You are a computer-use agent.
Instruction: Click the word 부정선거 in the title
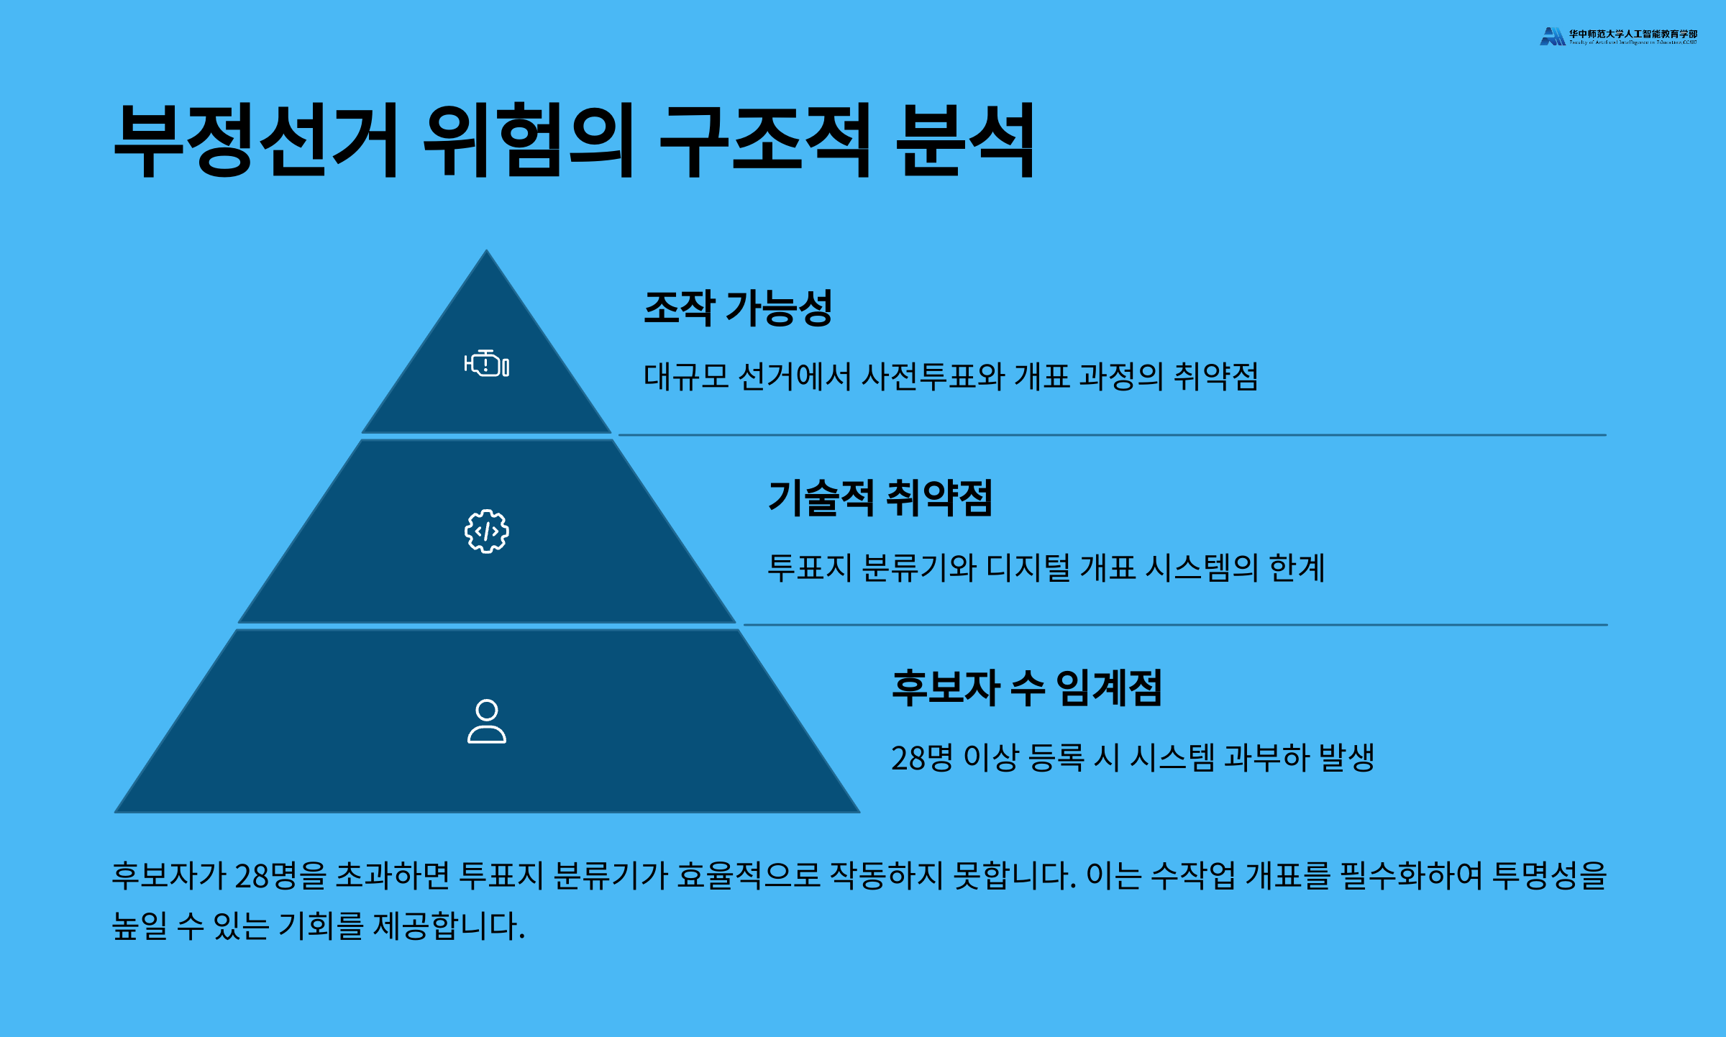coord(255,140)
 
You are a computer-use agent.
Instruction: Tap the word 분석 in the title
coord(964,140)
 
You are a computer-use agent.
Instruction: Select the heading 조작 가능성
coord(738,308)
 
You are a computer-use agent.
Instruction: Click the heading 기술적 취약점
coord(880,498)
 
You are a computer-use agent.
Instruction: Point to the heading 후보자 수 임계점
coord(1026,687)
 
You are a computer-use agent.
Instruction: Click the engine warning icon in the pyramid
coord(486,364)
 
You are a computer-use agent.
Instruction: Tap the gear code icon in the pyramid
coord(486,531)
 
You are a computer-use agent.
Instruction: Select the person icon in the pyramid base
coord(486,721)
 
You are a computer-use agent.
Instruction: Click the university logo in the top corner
coord(1617,36)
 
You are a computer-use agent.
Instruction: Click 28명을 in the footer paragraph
coord(280,876)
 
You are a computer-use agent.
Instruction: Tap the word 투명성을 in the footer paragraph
coord(1549,876)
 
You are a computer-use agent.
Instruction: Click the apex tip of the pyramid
coord(487,253)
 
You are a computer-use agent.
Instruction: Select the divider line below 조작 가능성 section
coord(1112,435)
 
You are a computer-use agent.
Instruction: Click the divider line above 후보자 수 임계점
coord(1175,625)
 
